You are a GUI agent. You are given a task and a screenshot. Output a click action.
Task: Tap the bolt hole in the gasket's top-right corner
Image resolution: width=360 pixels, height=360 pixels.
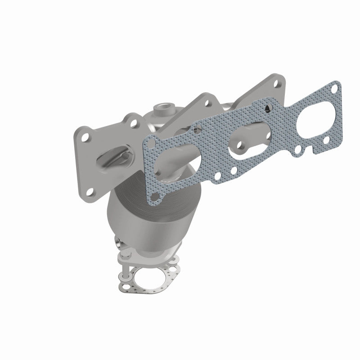pos(334,89)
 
